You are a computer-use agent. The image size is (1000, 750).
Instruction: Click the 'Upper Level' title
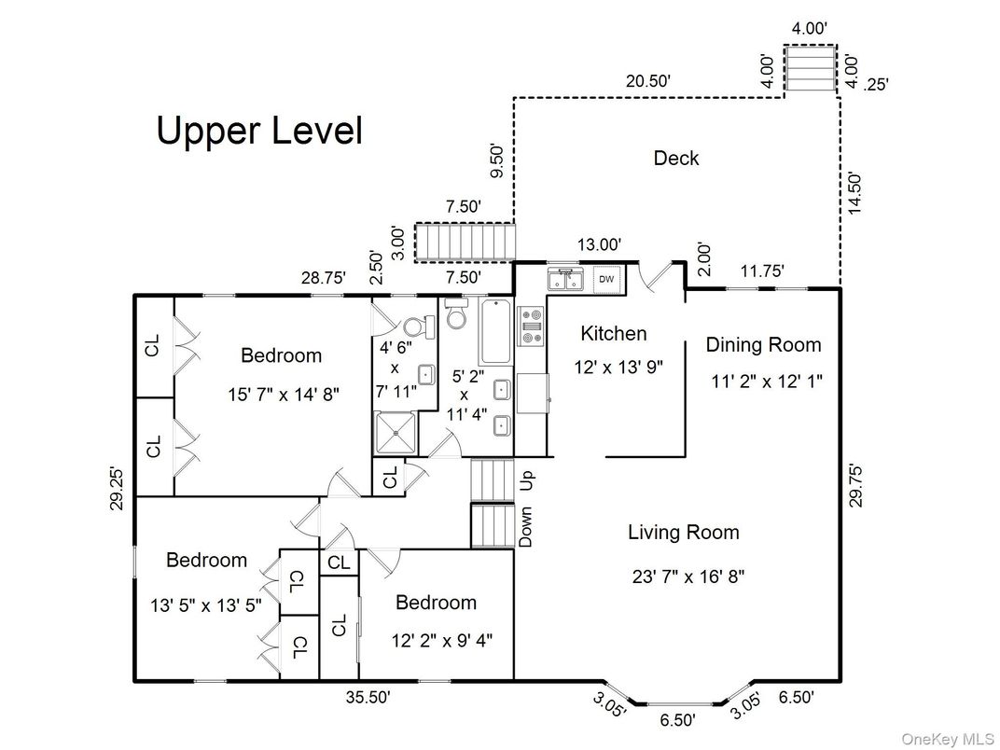258,131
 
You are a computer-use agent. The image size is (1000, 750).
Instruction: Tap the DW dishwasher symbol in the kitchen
606,279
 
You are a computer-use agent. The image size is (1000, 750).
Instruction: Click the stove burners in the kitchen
531,326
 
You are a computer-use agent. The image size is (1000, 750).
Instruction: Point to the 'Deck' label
675,159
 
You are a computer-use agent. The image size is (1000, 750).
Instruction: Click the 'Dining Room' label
763,345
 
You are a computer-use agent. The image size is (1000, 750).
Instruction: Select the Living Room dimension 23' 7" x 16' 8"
687,576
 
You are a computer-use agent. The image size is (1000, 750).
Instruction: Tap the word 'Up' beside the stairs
527,480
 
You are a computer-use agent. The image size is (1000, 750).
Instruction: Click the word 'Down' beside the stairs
527,528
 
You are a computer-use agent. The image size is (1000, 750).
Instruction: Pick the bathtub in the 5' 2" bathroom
495,333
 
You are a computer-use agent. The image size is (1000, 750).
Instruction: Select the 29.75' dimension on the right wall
856,485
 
